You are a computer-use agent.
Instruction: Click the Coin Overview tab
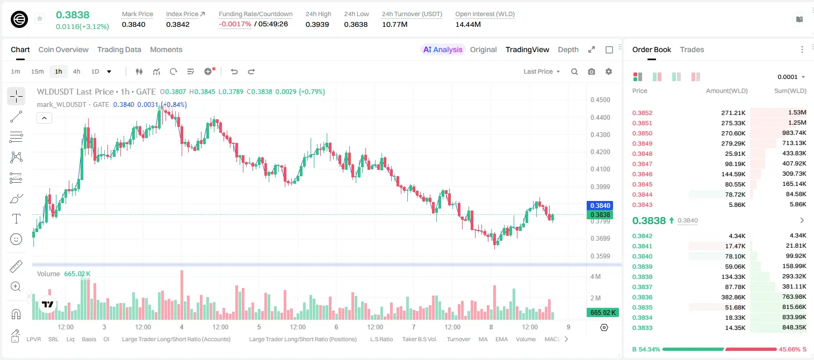[63, 49]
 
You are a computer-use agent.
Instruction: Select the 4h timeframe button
[76, 71]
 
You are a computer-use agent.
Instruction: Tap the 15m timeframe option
[38, 71]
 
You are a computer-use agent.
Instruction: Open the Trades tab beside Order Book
[692, 49]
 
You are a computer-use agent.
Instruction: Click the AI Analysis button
[443, 49]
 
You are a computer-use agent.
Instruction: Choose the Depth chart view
[568, 49]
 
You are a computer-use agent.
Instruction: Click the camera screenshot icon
[592, 71]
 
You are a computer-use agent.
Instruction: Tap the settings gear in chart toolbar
[609, 71]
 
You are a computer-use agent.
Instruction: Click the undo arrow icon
[234, 71]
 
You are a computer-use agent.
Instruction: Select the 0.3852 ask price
[642, 113]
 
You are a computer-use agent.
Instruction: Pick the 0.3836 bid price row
[642, 297]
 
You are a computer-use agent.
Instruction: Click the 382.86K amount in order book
[733, 297]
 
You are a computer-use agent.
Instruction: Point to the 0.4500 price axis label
[600, 100]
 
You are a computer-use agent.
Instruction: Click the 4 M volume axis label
[596, 277]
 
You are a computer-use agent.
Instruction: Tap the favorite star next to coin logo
[40, 18]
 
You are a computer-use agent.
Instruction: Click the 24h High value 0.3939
[317, 24]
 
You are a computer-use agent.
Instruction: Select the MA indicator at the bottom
[483, 339]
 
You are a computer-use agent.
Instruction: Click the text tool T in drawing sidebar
[16, 219]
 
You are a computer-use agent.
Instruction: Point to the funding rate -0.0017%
[235, 24]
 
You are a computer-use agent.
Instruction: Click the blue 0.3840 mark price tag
[600, 205]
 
